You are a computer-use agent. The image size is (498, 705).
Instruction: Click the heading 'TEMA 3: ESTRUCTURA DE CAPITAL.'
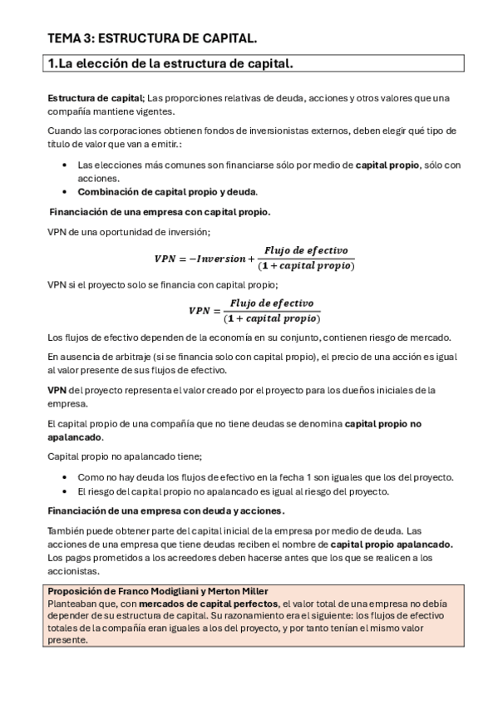point(152,38)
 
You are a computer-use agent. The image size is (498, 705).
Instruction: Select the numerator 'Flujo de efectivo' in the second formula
point(274,303)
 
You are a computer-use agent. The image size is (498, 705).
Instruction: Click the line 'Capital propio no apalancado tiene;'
point(125,456)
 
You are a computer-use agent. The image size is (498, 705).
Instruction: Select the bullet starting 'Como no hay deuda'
point(265,477)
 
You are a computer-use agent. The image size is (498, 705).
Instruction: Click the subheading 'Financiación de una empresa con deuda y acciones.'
point(166,510)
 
